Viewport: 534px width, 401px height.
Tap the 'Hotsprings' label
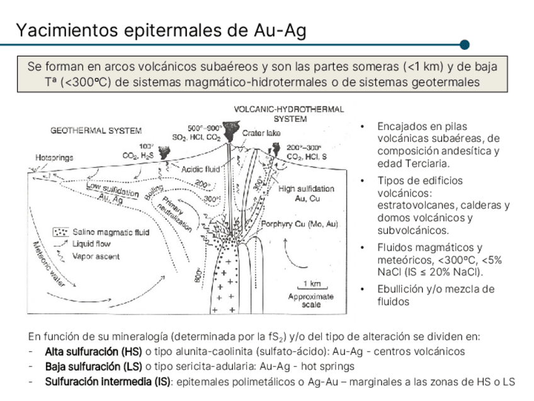click(54, 156)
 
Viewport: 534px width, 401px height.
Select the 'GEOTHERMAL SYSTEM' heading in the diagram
click(96, 131)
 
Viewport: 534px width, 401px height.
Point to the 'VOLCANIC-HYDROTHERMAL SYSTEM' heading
click(289, 113)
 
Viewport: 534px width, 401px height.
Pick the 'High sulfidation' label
click(307, 189)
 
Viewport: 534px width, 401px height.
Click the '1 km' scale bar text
click(312, 284)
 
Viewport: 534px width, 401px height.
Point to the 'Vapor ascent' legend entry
click(96, 256)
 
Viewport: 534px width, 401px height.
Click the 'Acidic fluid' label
click(200, 169)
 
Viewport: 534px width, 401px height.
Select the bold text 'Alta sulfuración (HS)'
click(93, 351)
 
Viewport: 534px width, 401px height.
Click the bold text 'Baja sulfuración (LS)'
click(93, 366)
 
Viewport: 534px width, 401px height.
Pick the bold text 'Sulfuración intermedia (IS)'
click(107, 381)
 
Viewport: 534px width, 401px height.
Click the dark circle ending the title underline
click(465, 45)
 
